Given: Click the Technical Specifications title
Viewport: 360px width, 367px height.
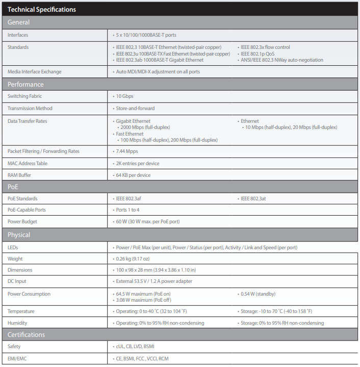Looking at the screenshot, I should (x=42, y=10).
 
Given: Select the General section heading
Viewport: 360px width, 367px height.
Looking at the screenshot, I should (x=18, y=22).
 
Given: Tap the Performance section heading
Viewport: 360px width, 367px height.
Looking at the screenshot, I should (x=25, y=85).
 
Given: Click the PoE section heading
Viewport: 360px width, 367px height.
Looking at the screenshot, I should (x=14, y=187).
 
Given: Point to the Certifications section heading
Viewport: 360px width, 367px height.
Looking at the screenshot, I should (x=26, y=335).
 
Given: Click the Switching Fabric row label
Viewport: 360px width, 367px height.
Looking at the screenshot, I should (x=25, y=96).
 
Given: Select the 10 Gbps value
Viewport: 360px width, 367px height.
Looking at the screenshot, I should (x=125, y=96).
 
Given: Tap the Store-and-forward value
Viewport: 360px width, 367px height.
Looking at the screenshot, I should (x=135, y=109).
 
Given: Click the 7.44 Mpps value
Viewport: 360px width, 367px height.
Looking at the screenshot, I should (x=126, y=151).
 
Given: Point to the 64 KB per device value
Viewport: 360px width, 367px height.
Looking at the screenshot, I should (x=133, y=175).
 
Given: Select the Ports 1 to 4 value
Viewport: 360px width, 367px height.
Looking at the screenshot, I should (x=127, y=210).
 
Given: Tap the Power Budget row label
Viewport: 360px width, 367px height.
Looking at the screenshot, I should (x=22, y=222).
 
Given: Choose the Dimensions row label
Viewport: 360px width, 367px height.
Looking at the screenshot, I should (x=20, y=270).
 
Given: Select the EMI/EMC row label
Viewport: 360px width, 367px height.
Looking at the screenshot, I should (x=18, y=359).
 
